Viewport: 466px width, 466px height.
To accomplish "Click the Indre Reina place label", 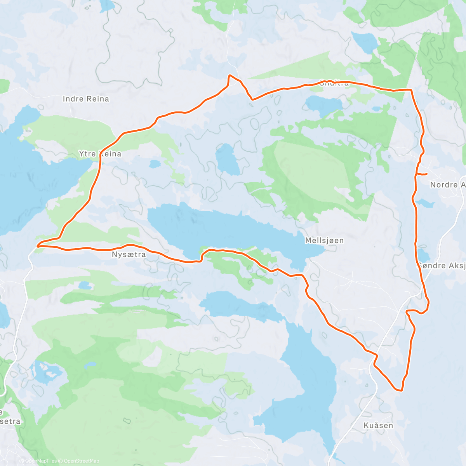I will point(86,99).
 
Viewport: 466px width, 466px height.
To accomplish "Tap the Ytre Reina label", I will point(100,154).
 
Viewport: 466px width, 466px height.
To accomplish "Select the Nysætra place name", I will point(129,255).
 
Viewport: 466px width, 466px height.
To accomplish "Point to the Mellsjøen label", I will point(324,241).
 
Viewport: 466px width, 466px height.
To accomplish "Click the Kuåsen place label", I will point(378,426).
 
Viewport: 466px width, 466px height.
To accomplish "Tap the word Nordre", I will point(443,185).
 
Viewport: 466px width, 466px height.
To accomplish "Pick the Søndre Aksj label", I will point(442,266).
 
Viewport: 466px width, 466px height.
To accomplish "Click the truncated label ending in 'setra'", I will point(10,421).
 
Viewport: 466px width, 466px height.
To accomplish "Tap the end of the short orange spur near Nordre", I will point(427,174).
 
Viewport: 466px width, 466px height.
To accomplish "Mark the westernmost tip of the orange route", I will point(38,245).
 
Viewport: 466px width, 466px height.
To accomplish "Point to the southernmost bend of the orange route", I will point(399,390).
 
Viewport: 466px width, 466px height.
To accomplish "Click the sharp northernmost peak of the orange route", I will point(230,75).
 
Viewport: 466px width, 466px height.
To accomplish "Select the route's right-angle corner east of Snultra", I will point(411,90).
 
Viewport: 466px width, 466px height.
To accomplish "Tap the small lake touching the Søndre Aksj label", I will point(423,255).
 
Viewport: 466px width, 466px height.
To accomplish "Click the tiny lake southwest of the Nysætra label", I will point(84,286).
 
